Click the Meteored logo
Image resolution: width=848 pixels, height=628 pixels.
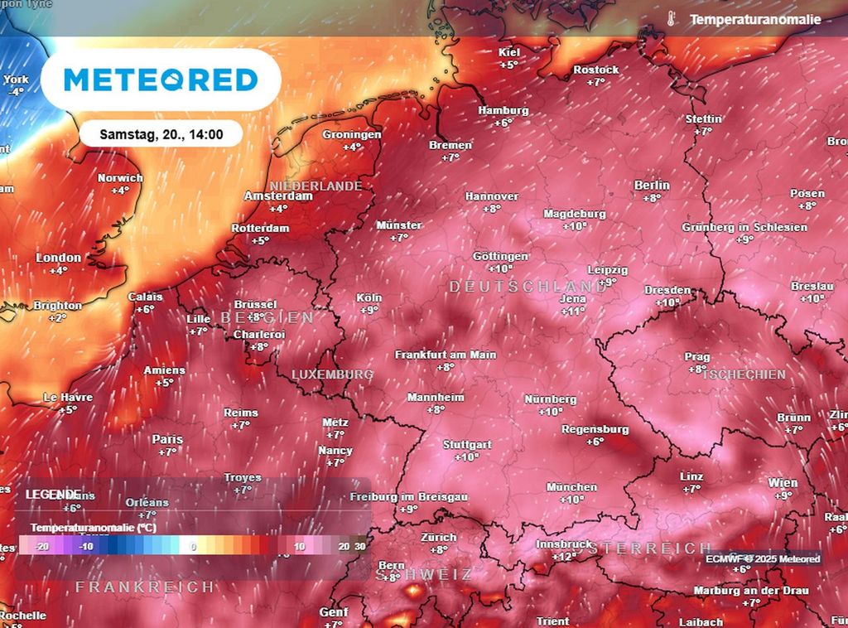click(x=161, y=80)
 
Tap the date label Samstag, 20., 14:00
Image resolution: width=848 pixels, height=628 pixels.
click(x=161, y=133)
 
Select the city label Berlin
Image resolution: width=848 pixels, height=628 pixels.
click(x=652, y=186)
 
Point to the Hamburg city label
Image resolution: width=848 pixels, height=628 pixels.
click(x=503, y=111)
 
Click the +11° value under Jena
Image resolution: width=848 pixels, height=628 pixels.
click(x=573, y=312)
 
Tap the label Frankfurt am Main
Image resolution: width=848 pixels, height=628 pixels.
click(x=446, y=355)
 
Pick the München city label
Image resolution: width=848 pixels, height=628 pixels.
click(x=571, y=487)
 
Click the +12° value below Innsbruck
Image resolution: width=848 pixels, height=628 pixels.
click(x=563, y=557)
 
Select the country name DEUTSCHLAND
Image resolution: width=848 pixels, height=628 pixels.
click(x=528, y=286)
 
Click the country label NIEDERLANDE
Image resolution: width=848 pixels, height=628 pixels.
click(x=316, y=186)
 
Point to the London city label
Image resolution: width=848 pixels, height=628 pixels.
click(x=59, y=258)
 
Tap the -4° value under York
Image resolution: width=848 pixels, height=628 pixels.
click(x=16, y=92)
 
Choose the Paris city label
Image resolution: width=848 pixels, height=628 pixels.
click(x=167, y=439)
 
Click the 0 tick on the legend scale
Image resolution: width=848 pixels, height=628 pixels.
click(x=193, y=547)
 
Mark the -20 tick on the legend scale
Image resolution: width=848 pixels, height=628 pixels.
click(x=43, y=547)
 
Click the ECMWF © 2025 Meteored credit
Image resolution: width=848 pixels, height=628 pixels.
click(x=763, y=559)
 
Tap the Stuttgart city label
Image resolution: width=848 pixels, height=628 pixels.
click(x=467, y=445)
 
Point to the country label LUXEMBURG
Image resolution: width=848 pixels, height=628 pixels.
click(x=332, y=374)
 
